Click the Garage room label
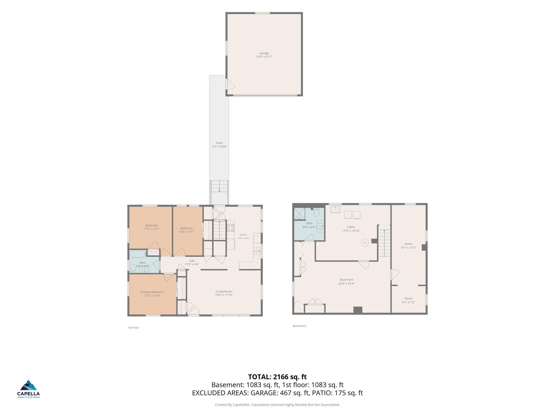[264, 53]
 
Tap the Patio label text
[219, 143]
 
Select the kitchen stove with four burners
[231, 228]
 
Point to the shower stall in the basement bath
[300, 214]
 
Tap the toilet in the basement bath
[317, 213]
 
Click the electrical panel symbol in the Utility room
[365, 243]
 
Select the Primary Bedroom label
[152, 292]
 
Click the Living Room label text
[224, 291]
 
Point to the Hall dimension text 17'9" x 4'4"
[192, 265]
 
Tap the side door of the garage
[230, 84]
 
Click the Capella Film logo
[29, 389]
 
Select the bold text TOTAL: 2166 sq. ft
[277, 377]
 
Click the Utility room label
[351, 227]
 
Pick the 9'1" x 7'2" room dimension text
[409, 302]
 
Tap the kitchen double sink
[257, 251]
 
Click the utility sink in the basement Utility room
[335, 209]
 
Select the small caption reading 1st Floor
[133, 328]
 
